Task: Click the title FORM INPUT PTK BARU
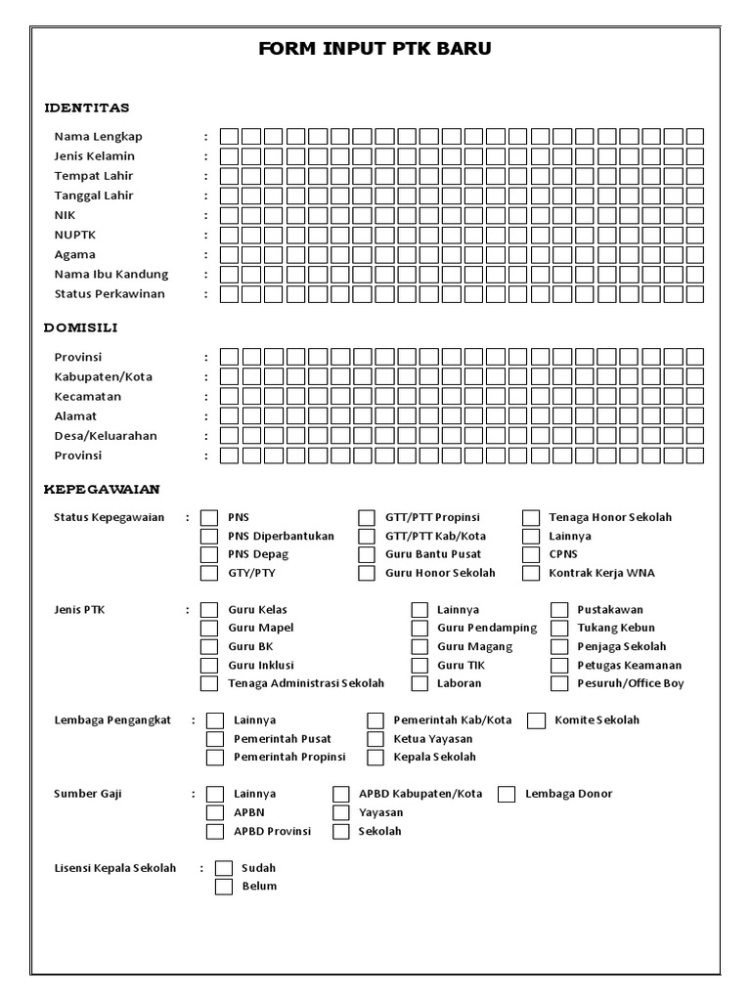coord(375,49)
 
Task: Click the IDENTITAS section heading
coord(87,108)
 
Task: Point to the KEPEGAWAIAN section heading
coord(102,489)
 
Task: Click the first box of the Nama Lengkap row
coord(228,136)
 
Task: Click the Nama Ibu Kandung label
coord(110,275)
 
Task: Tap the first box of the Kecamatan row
coord(228,396)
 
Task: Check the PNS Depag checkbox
coord(209,554)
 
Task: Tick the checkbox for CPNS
coord(531,554)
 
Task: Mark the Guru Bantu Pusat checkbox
coord(367,554)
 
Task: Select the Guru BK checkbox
coord(209,646)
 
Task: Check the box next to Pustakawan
coord(559,609)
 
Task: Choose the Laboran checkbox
coord(420,683)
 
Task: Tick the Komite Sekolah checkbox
coord(536,720)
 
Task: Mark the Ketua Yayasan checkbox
coord(375,739)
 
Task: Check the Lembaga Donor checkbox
coord(507,794)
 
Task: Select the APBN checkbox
coord(215,812)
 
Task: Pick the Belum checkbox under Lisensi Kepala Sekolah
coord(224,887)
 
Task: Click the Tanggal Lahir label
coord(94,196)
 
